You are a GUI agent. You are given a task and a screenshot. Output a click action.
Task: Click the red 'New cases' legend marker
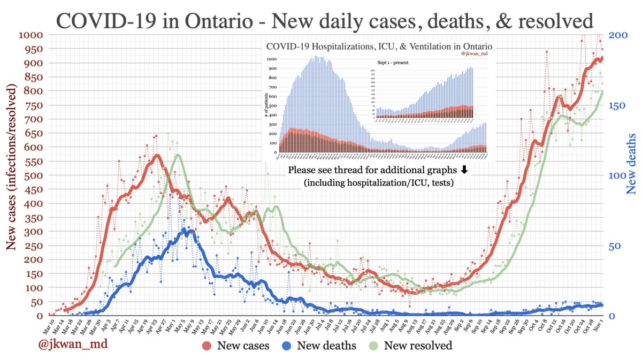click(209, 346)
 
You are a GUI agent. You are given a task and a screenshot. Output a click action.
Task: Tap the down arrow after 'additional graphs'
click(464, 170)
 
